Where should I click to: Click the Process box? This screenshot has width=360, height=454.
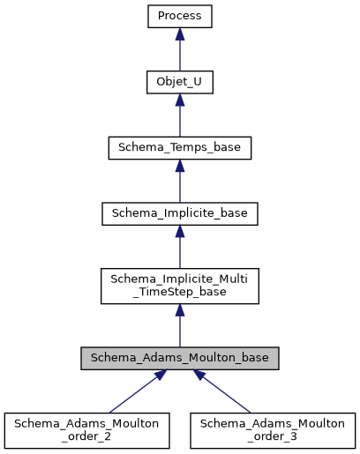pos(180,16)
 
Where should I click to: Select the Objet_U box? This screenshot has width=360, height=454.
pos(180,82)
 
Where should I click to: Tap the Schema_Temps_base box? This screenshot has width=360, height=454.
pos(180,147)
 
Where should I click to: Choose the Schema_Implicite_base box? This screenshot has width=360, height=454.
pos(180,213)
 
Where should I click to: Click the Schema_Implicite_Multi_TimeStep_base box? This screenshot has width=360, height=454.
pos(180,286)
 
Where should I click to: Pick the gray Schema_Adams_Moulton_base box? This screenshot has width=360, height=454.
pos(180,359)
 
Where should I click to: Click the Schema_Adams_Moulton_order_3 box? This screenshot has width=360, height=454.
pos(274,430)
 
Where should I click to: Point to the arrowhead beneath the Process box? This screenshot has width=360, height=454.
pos(180,34)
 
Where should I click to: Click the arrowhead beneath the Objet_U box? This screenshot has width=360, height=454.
pos(180,100)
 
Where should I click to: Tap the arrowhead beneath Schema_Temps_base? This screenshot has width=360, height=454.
pos(180,166)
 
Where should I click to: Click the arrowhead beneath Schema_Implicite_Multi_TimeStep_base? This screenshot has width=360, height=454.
pos(180,311)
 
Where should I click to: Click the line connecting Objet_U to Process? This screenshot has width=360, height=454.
pos(180,55)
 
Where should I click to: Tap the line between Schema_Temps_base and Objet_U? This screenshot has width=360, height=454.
pos(180,121)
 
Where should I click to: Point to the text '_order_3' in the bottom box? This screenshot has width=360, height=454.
pos(274,437)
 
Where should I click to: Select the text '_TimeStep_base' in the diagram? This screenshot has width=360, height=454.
pos(180,293)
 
